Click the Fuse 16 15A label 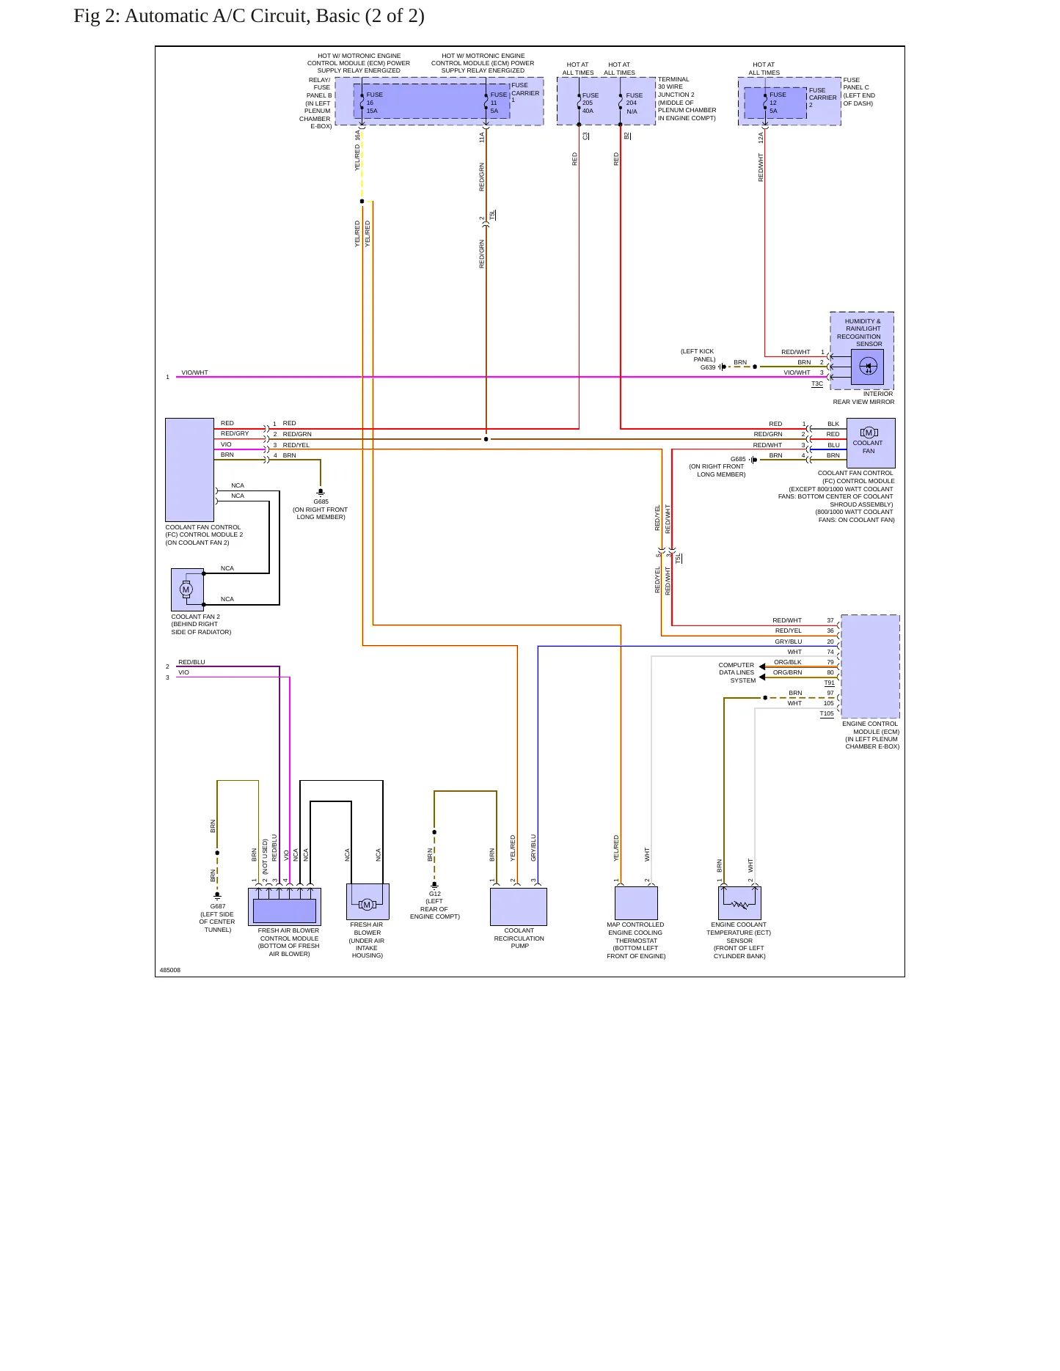374,103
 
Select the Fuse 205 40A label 590,103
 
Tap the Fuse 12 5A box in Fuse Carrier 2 775,103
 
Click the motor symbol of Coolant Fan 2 186,589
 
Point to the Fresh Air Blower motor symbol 368,905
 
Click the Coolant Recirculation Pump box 519,907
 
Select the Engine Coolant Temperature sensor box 739,903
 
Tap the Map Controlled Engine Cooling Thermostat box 636,903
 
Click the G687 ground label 218,907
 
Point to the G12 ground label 435,894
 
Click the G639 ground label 708,367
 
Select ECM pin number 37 830,620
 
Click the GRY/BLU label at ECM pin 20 789,642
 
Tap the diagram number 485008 170,970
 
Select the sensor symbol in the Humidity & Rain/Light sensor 868,367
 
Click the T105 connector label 827,713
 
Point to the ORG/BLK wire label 788,662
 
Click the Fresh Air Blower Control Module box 285,907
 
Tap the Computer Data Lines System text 736,673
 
